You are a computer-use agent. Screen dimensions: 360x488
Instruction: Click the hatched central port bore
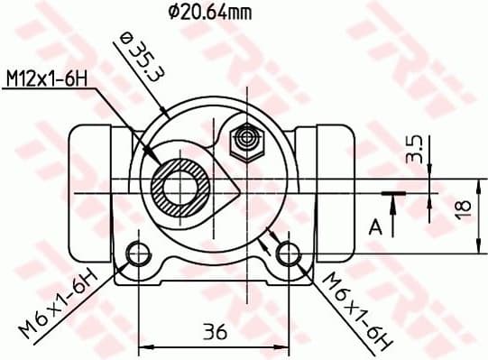pos(183,188)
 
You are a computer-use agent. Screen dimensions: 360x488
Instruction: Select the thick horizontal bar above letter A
pos(392,193)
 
